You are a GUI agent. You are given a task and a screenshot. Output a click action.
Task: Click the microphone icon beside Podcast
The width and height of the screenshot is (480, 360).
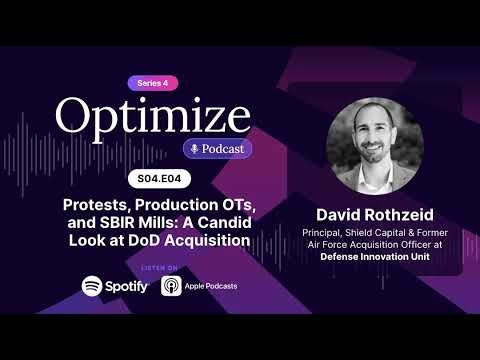coord(196,149)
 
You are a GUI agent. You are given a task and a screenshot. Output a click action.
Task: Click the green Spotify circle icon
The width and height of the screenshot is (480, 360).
coord(92,286)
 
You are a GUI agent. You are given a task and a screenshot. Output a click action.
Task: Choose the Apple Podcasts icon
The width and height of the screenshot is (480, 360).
coord(170,286)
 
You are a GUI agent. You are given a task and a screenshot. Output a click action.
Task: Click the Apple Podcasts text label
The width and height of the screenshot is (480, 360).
coord(211,286)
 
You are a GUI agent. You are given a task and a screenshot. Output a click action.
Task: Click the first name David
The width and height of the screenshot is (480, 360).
coord(339,215)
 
